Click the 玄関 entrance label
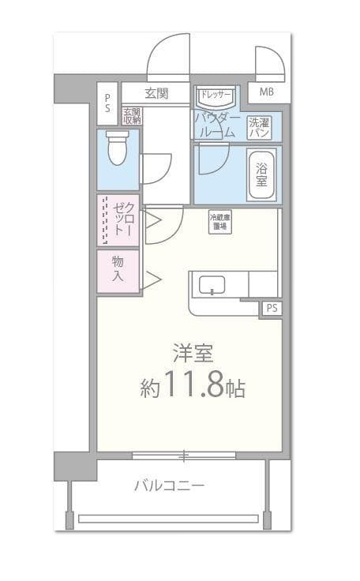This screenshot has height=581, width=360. tap(156, 93)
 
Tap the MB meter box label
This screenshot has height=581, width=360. tap(267, 92)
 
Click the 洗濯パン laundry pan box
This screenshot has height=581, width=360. tap(259, 127)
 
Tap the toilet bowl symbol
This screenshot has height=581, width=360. tap(117, 148)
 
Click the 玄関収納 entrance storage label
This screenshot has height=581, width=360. tap(132, 116)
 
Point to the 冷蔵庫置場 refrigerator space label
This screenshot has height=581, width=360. tap(219, 222)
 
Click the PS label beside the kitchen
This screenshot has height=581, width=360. tap(272, 308)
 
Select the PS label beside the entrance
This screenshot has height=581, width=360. tap(107, 103)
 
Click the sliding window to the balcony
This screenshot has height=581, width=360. tap(183, 455)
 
